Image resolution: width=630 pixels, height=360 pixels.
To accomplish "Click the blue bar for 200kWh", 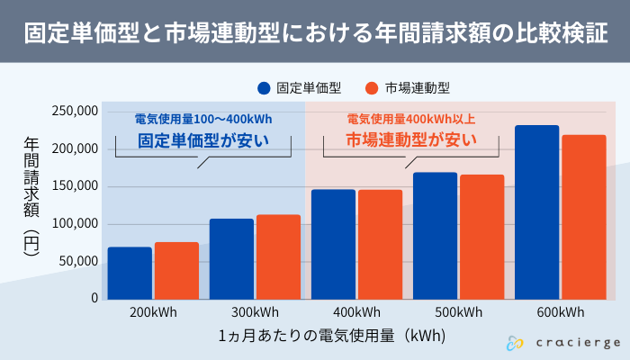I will (x=130, y=273).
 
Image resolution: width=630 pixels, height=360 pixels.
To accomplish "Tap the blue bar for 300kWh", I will (x=231, y=258).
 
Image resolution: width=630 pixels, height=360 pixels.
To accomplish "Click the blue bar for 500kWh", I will (x=435, y=235).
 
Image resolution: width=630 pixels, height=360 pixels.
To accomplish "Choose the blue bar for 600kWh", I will (x=536, y=211).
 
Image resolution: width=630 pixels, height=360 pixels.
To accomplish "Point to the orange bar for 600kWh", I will (x=583, y=217).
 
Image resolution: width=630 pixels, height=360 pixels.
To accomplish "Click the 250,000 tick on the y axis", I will (x=75, y=112).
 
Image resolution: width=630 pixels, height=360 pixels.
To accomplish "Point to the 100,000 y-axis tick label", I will (x=75, y=224).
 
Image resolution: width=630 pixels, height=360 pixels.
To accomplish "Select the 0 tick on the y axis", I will (x=94, y=298).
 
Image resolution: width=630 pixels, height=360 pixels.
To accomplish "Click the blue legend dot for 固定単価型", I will (x=264, y=87).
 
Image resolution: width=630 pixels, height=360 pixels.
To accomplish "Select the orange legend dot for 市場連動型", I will (x=371, y=87).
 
